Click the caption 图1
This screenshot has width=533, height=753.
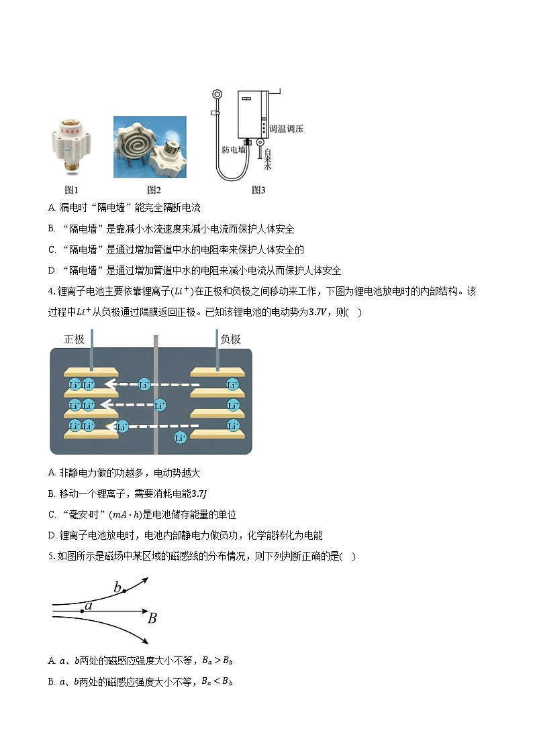[71, 190]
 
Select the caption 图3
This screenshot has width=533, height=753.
[258, 190]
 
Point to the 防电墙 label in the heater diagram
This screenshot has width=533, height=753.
[234, 150]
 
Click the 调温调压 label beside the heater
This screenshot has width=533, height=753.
[286, 128]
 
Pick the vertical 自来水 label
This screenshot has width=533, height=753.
[267, 159]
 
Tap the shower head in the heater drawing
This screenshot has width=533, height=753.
[216, 96]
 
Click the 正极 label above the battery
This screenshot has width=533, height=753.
[74, 339]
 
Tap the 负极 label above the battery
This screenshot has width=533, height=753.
[230, 339]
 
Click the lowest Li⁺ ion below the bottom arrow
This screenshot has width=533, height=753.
[180, 438]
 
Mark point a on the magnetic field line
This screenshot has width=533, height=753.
[83, 610]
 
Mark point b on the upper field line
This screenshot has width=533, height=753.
[124, 591]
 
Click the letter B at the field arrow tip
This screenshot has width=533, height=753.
[152, 618]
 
